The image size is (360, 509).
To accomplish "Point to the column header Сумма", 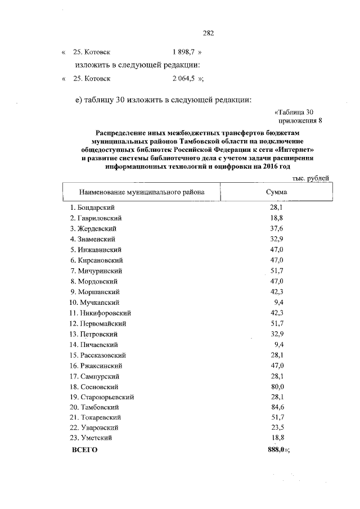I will pyautogui.click(x=276, y=192).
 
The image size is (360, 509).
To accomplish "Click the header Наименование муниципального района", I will pyautogui.click(x=141, y=192).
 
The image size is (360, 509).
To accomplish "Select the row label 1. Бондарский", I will pyautogui.click(x=93, y=208).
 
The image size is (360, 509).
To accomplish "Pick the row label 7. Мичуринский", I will pyautogui.click(x=96, y=271).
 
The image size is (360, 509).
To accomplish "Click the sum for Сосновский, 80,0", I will pyautogui.click(x=277, y=387).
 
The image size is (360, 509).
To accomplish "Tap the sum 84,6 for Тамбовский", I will pyautogui.click(x=277, y=407).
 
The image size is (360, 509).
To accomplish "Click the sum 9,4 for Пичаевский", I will pyautogui.click(x=278, y=344).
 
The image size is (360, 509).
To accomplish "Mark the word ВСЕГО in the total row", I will pyautogui.click(x=85, y=449).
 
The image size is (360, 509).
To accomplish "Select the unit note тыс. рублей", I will pyautogui.click(x=311, y=178).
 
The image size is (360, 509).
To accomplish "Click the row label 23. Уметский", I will pyautogui.click(x=92, y=439).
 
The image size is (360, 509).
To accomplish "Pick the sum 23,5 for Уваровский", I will pyautogui.click(x=277, y=428).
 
